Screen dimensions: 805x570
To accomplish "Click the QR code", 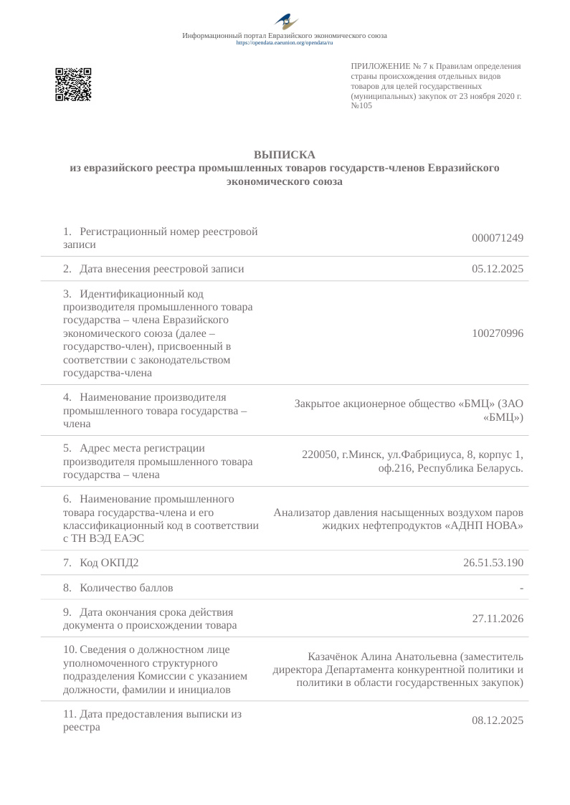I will (x=73, y=85).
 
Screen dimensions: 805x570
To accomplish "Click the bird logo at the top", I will (x=285, y=22).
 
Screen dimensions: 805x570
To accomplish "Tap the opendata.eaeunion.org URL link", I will (x=285, y=43).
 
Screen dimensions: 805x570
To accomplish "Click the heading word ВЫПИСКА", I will (x=285, y=155).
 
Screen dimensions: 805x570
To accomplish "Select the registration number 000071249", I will (x=498, y=238).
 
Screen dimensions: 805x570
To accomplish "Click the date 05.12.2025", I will (x=498, y=269).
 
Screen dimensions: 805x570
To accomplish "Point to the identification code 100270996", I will (x=498, y=333).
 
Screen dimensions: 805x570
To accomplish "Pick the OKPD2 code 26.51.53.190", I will (x=493, y=563).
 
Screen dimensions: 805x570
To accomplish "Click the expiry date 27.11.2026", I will (x=498, y=618).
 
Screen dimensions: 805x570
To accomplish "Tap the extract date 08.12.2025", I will (x=498, y=720).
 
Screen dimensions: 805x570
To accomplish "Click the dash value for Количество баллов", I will (x=521, y=588).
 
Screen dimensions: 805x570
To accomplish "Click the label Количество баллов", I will (x=126, y=588).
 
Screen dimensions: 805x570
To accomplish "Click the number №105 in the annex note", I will (x=361, y=105).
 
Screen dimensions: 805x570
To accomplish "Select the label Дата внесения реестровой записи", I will (x=162, y=269).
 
